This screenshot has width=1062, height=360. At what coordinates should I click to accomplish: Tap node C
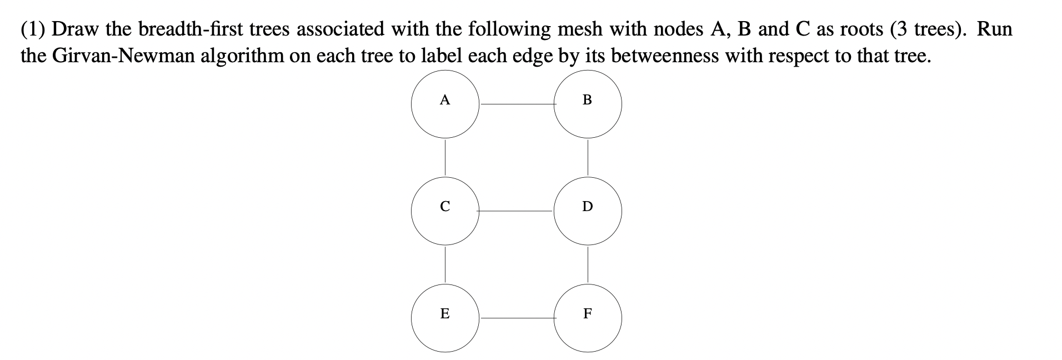pos(444,211)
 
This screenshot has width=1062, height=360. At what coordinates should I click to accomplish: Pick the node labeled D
pos(588,211)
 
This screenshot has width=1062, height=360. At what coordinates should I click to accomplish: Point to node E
pos(444,318)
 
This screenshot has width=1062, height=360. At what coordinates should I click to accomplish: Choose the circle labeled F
pos(588,318)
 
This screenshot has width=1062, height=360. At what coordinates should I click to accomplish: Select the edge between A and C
pos(444,157)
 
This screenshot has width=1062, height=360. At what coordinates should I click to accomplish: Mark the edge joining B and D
pos(588,157)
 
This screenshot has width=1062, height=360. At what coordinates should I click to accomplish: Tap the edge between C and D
pos(516,211)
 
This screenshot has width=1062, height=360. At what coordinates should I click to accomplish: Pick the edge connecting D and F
pos(588,264)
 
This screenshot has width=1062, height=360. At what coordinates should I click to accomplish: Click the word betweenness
pos(655,56)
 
